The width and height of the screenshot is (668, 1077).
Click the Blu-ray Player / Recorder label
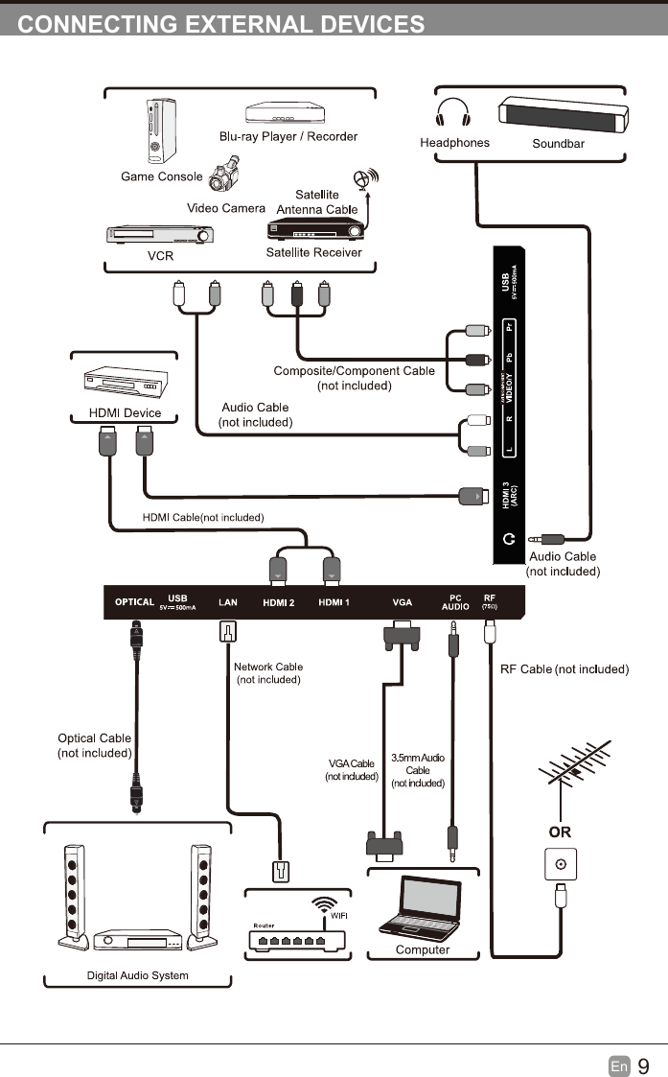click(x=288, y=136)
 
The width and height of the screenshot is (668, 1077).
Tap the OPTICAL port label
click(x=134, y=602)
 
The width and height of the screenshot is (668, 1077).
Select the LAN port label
click(x=228, y=602)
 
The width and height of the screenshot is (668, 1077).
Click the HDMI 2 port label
click(x=279, y=602)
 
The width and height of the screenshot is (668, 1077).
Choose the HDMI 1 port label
click(x=334, y=602)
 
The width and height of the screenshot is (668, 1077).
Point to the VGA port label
click(x=403, y=602)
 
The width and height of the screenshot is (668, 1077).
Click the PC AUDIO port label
click(x=455, y=602)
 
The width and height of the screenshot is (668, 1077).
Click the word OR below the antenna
click(x=560, y=831)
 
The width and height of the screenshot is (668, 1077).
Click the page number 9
click(x=643, y=1065)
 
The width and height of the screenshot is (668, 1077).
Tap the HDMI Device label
click(x=125, y=413)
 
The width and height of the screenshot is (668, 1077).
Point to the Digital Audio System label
click(x=138, y=975)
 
